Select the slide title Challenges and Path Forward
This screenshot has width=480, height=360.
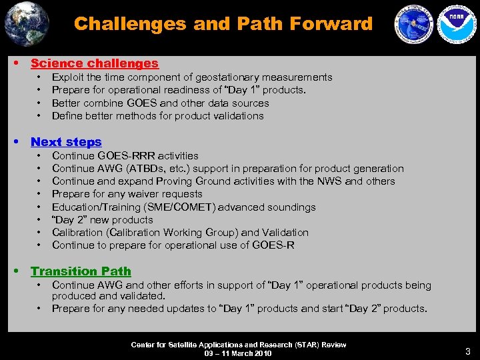pos(223,24)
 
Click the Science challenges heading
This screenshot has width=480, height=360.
pos(95,63)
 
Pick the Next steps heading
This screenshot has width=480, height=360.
pos(66,141)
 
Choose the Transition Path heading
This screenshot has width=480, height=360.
pos(81,271)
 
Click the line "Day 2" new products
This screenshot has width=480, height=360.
pos(103,220)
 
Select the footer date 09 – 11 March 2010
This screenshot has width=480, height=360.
pos(239,353)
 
